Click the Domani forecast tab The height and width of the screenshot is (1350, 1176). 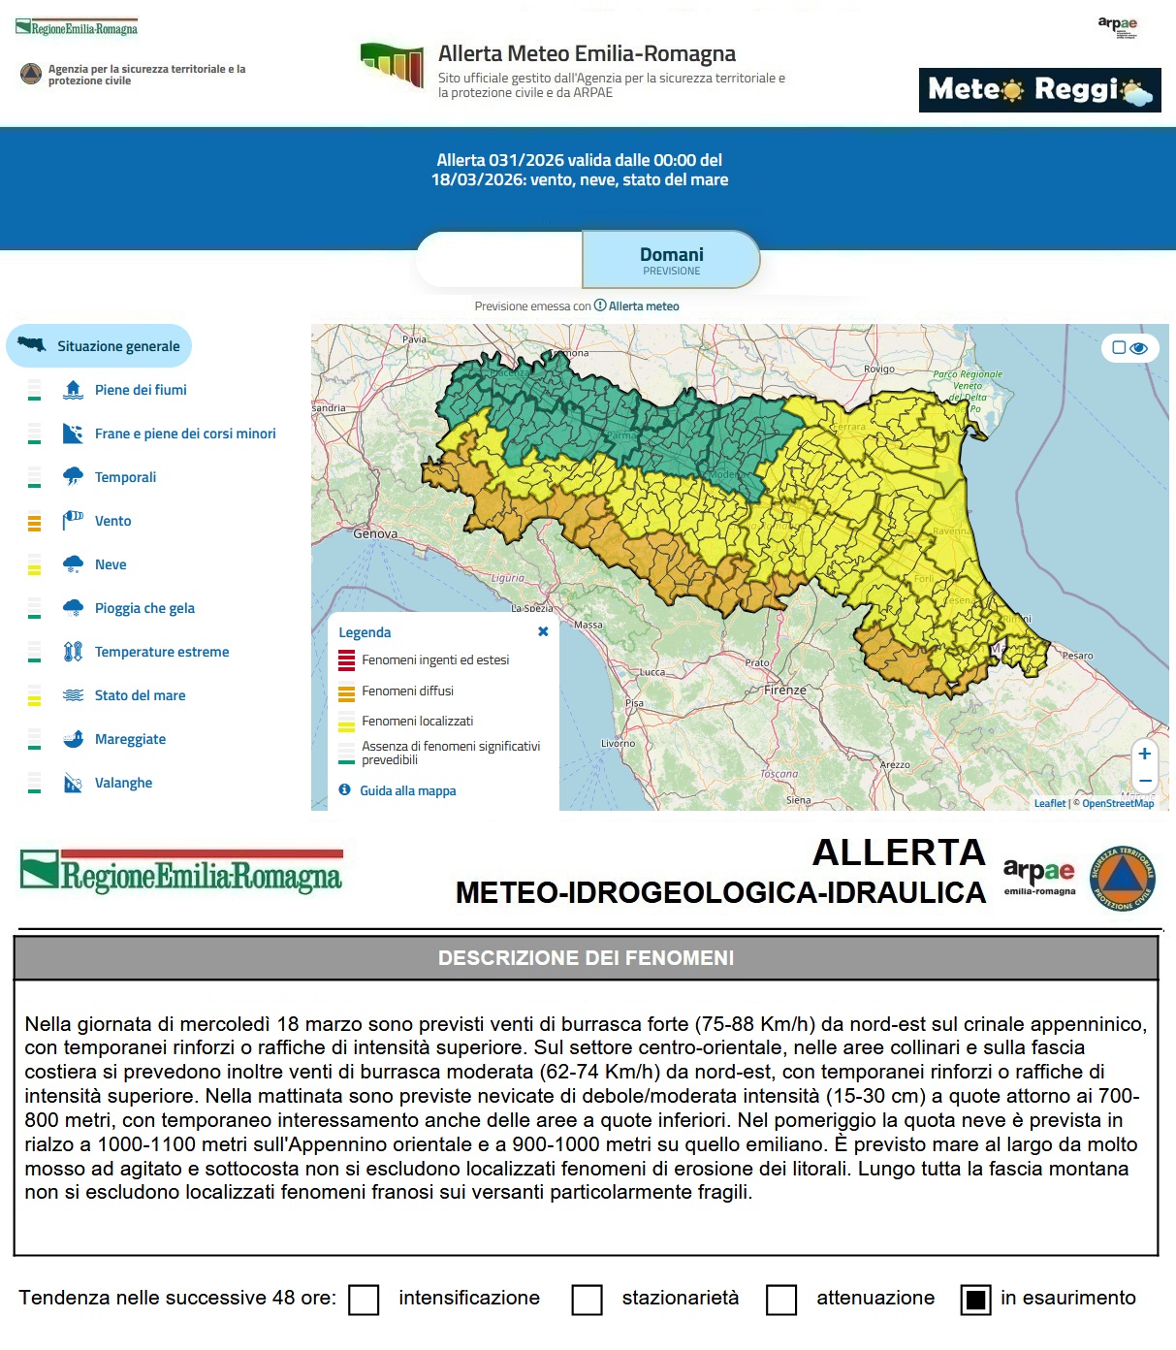(671, 260)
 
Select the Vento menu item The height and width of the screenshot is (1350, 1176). (112, 521)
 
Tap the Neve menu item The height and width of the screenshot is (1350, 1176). (111, 564)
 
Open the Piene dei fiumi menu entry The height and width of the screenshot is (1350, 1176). (141, 390)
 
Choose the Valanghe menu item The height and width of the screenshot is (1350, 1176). (123, 783)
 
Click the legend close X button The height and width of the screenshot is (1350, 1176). (543, 631)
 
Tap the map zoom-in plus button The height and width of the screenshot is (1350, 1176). (1145, 754)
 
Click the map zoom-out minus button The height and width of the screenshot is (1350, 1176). (1145, 781)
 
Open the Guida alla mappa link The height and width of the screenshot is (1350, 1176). (407, 790)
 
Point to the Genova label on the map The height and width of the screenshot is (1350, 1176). (375, 533)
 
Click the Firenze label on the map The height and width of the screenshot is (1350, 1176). (784, 690)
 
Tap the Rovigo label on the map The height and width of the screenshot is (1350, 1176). (879, 369)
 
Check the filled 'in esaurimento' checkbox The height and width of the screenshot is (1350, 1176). (975, 1300)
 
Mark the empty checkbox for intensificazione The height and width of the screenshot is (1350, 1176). (364, 1300)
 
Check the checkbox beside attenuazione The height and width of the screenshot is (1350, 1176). (781, 1300)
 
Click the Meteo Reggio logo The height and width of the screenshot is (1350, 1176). (1039, 90)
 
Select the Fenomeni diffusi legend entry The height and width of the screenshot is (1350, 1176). (407, 691)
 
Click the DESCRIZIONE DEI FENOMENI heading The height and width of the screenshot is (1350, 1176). (586, 958)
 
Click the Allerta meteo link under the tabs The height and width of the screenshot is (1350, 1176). (643, 305)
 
